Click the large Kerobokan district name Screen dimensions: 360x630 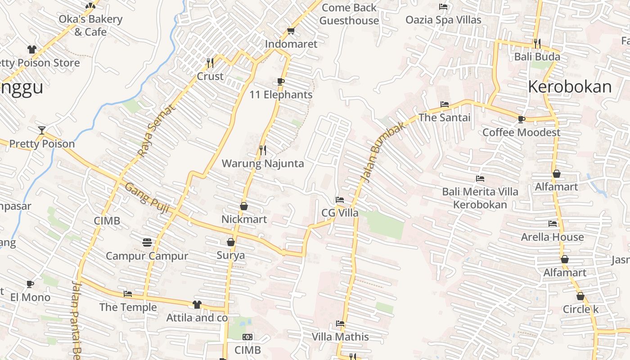570,86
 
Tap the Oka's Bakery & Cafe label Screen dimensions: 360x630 90,26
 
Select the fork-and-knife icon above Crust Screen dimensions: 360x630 210,62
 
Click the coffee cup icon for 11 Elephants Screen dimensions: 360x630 281,81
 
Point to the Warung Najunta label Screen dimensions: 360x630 263,163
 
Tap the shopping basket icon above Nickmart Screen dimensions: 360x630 244,206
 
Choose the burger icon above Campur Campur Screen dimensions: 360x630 147,243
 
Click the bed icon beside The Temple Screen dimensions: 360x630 128,294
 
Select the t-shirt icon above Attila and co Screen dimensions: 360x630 197,305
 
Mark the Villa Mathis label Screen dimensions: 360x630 340,337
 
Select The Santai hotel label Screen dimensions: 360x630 444,117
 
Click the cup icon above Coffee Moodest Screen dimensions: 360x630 521,119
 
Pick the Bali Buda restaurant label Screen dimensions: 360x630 537,57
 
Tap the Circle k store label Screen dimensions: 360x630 580,310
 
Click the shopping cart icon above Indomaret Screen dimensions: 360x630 291,31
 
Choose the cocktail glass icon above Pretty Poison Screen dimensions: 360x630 42,130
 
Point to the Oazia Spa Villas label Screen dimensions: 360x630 443,20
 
